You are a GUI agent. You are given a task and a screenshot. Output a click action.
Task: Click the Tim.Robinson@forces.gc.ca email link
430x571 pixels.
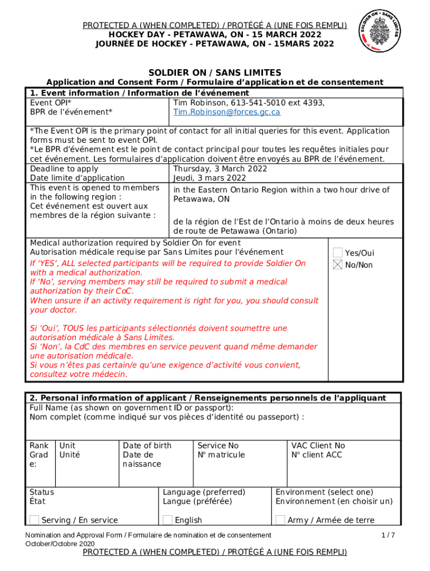(227, 112)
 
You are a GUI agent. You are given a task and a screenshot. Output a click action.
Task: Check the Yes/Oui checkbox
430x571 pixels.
(338, 253)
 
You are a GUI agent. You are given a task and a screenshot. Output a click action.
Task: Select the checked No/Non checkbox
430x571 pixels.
(338, 265)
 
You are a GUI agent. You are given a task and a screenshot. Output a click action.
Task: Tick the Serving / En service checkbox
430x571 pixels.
(35, 520)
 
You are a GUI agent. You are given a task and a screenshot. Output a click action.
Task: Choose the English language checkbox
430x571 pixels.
(168, 520)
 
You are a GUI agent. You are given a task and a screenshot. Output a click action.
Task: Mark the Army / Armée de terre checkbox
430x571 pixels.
(280, 520)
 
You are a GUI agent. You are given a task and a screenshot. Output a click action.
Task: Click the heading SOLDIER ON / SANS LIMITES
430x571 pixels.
(214, 73)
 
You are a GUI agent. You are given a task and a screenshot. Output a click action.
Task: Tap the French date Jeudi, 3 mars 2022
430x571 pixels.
(209, 178)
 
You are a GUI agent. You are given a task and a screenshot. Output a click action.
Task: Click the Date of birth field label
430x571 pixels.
(147, 446)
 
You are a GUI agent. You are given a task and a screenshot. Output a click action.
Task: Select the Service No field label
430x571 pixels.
(218, 446)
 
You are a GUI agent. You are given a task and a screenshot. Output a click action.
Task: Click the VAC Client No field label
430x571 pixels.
(318, 446)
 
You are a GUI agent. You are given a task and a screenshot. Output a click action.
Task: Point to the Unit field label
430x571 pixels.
(68, 446)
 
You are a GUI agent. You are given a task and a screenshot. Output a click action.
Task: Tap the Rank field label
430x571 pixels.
(39, 446)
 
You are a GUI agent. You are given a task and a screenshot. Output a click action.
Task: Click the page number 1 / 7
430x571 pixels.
(388, 535)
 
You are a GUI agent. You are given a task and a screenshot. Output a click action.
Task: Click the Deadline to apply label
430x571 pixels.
(64, 169)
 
